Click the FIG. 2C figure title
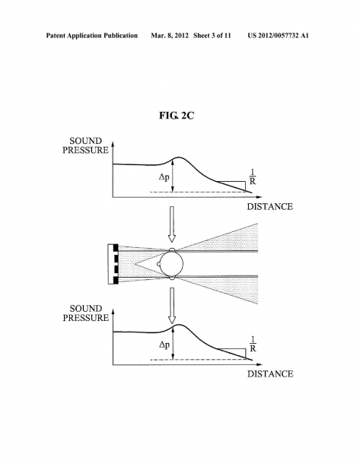pos(177,116)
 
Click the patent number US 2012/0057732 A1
pos(278,36)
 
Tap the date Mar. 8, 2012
pos(170,36)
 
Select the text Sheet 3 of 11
pos(212,36)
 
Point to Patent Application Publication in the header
pos(92,36)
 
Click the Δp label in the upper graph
pos(164,177)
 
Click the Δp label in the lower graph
pos(164,345)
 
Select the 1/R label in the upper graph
pos(252,176)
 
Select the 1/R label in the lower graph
pos(253,344)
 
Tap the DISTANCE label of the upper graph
pos(269,207)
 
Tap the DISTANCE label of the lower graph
pos(270,374)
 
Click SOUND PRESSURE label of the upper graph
pos(85,145)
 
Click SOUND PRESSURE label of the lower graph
pos(86,313)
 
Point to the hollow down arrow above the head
pos(171,224)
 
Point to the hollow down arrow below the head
pos(172,306)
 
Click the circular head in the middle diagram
pos(171,263)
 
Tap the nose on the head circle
pos(158,263)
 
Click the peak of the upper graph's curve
pos(179,157)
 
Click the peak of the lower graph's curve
pos(179,325)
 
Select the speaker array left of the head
pos(113,264)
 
